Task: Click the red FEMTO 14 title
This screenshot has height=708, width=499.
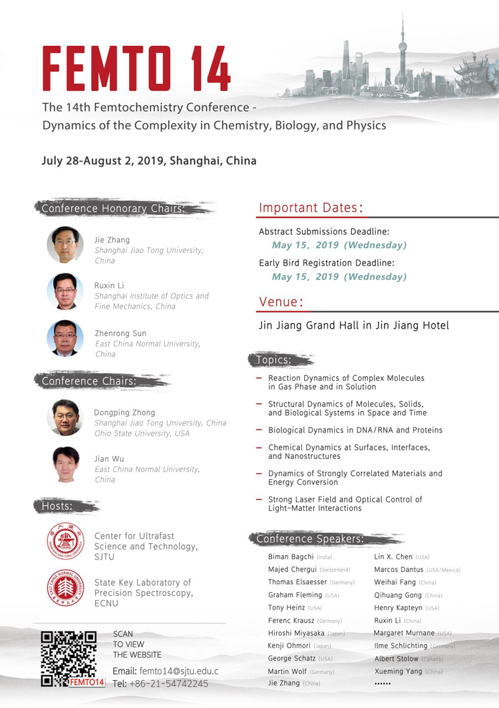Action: pyautogui.click(x=136, y=69)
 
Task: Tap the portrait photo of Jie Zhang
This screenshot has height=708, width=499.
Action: pyautogui.click(x=65, y=245)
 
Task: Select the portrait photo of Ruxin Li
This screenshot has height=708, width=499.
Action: pyautogui.click(x=65, y=291)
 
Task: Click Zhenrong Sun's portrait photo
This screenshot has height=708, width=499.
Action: pyautogui.click(x=65, y=338)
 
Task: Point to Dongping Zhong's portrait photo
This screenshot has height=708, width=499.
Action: pyautogui.click(x=65, y=417)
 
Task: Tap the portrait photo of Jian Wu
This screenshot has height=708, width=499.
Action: pyautogui.click(x=65, y=464)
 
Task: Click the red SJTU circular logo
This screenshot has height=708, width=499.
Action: pyautogui.click(x=65, y=541)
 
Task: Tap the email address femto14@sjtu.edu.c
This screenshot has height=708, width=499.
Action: pyautogui.click(x=174, y=671)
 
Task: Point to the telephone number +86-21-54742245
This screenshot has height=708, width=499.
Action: pyautogui.click(x=170, y=683)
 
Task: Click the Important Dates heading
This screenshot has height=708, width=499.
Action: pyautogui.click(x=311, y=208)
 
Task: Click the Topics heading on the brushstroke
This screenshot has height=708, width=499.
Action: pyautogui.click(x=273, y=360)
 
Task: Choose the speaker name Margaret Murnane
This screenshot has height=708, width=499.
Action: pyautogui.click(x=404, y=633)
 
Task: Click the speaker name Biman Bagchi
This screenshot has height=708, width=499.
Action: pyautogui.click(x=290, y=557)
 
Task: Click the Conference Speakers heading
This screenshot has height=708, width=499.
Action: pyautogui.click(x=310, y=539)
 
